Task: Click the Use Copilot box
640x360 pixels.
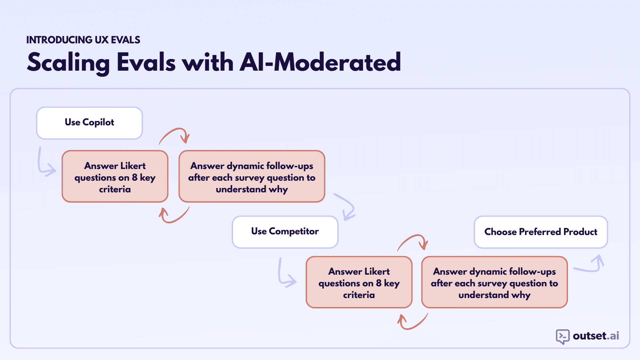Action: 89,123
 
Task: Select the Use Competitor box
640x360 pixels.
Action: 285,232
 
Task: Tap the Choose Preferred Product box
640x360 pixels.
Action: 541,232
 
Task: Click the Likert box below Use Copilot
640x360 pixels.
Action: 115,176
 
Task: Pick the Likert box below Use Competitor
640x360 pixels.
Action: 359,282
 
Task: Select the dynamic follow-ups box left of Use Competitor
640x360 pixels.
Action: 252,176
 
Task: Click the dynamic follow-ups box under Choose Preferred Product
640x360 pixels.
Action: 494,282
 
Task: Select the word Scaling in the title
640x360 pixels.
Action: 68,62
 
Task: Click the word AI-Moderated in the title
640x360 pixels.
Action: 320,62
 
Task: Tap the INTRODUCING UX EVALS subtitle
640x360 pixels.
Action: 83,40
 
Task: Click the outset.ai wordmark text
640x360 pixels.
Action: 596,336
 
